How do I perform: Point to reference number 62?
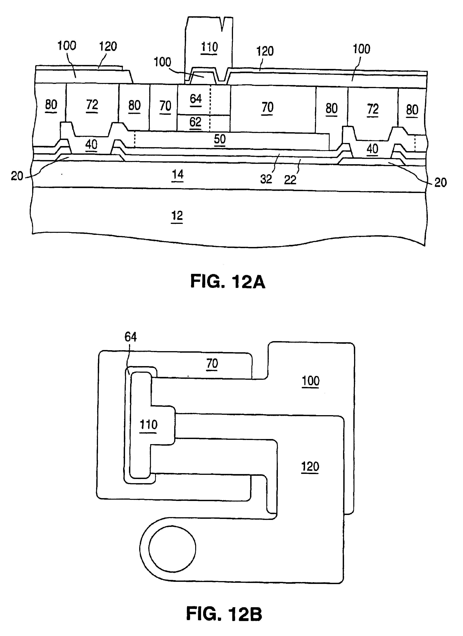195,122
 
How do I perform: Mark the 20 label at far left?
17,176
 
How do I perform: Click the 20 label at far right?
440,183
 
